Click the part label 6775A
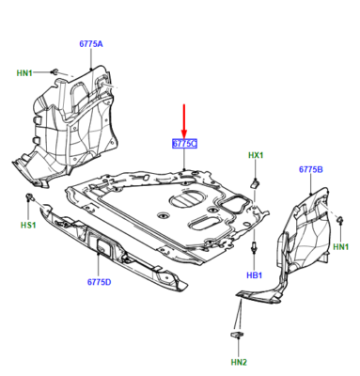[91, 44]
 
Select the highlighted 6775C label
[184, 144]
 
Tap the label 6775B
[311, 169]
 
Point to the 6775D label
[99, 282]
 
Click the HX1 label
[256, 155]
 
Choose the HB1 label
[254, 275]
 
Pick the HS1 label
[28, 225]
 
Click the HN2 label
[239, 362]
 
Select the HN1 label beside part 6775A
[24, 73]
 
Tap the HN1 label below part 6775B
[341, 246]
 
